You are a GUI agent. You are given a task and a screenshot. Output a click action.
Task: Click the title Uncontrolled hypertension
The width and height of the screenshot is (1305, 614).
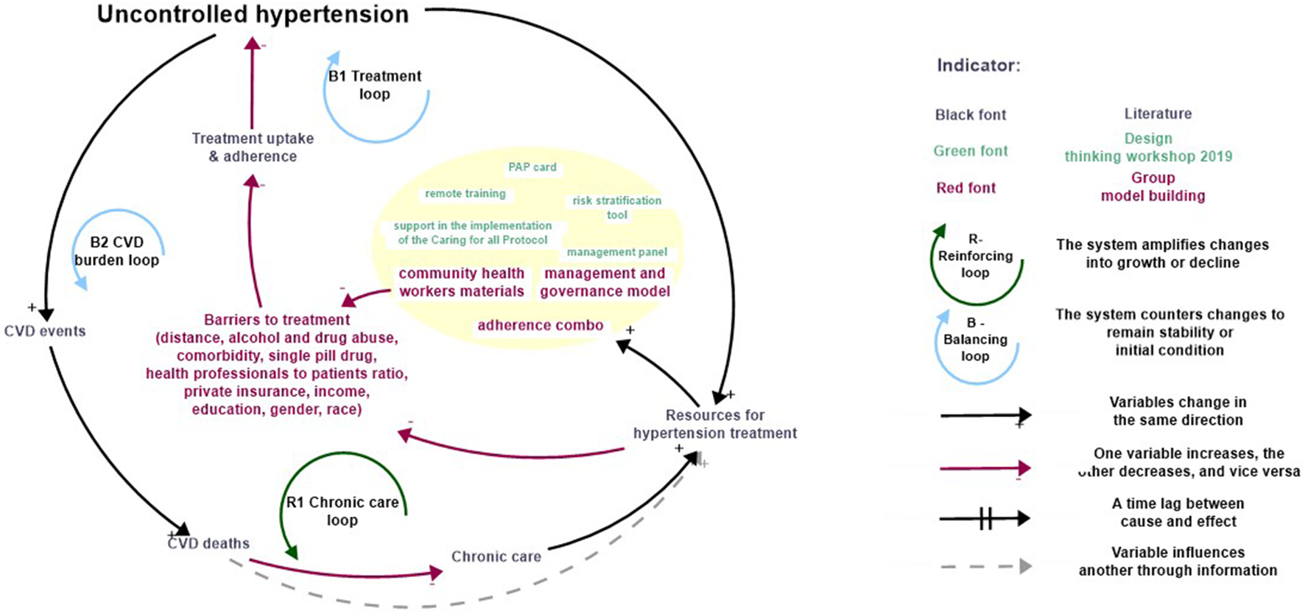[x=253, y=15]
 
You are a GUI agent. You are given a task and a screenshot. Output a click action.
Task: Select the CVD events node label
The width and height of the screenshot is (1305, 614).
[x=45, y=332]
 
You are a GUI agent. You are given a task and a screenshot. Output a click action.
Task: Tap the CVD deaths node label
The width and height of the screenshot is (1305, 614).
[x=209, y=544]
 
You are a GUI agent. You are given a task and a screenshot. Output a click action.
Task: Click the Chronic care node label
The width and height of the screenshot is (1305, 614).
[x=496, y=557]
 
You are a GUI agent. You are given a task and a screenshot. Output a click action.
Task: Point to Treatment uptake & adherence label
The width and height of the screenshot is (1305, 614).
[x=253, y=147]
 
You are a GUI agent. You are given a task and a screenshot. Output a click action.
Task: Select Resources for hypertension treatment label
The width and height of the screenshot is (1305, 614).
[x=714, y=425]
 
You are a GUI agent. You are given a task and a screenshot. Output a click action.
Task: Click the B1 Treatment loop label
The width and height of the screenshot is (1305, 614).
[x=375, y=85]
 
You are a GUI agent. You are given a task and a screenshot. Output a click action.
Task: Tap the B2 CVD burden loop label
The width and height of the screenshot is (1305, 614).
[x=116, y=251]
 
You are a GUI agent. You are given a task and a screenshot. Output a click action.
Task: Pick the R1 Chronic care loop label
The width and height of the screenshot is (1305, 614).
[x=342, y=511]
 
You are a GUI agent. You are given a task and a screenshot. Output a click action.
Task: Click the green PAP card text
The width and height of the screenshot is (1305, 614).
[x=532, y=167]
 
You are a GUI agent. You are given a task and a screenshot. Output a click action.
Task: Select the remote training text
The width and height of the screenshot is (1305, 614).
[x=465, y=194]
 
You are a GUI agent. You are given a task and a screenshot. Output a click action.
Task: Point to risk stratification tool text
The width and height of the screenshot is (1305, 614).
[x=616, y=208]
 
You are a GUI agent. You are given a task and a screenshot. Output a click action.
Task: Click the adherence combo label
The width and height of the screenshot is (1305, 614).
[x=540, y=326]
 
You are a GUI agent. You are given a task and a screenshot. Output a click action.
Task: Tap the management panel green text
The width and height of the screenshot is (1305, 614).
[x=616, y=252]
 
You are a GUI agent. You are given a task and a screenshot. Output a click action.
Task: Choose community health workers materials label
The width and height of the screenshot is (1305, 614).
[x=461, y=282]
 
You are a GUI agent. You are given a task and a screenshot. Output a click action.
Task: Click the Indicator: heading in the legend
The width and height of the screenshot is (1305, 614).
[x=978, y=66]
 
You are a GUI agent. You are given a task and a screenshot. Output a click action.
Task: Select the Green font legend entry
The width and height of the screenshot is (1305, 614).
[x=970, y=151]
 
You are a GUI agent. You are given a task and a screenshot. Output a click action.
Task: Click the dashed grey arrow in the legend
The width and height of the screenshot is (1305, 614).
[x=985, y=567]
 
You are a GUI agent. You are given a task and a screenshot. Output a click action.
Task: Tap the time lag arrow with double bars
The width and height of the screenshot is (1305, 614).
[x=985, y=519]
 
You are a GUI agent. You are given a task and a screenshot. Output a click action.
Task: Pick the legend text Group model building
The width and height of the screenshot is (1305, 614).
[x=1153, y=187]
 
